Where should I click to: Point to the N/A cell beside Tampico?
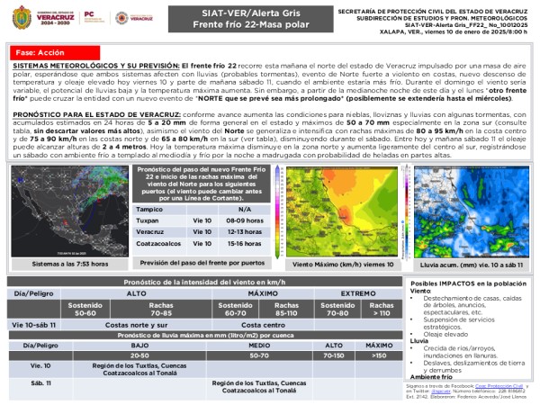[244, 208]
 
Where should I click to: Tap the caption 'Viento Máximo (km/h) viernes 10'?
[330, 265]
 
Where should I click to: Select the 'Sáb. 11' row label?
[40, 383]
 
